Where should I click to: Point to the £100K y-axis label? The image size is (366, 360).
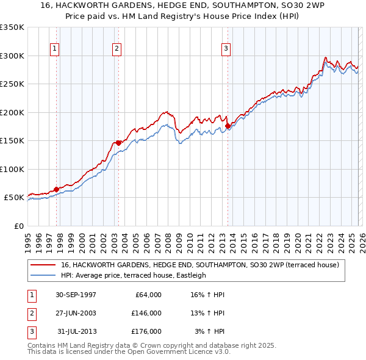point(12,169)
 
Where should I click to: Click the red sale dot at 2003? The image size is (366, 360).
point(118,143)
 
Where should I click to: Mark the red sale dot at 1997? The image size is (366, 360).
point(57,189)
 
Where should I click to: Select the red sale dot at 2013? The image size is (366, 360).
point(228,126)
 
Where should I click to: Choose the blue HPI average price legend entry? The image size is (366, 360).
point(134,275)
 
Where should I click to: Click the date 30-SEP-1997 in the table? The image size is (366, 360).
point(76,295)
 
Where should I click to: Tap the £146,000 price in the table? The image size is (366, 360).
point(146,313)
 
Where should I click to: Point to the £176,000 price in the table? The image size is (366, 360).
point(146,331)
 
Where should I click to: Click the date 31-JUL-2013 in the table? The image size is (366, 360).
point(77,331)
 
